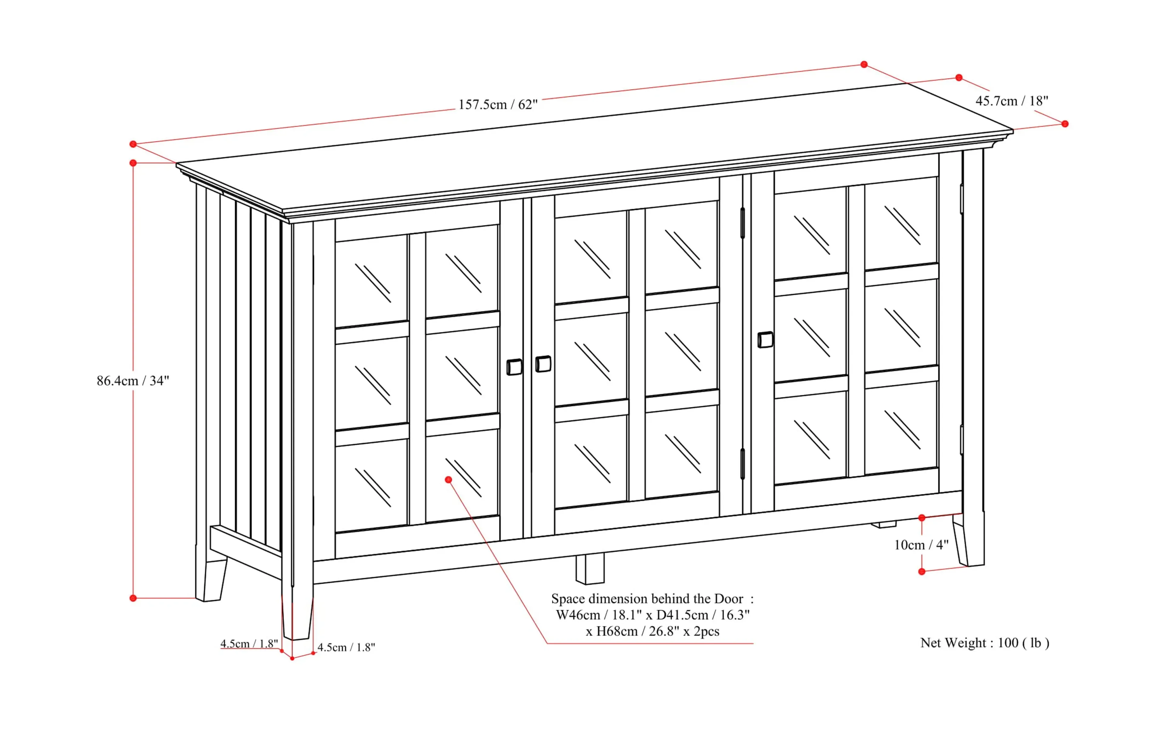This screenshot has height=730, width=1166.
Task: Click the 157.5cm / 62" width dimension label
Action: (497, 105)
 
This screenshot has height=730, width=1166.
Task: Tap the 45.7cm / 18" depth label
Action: (1011, 101)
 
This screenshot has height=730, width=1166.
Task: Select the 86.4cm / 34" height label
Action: (133, 381)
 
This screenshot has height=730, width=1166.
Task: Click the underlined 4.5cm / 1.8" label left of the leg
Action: (249, 643)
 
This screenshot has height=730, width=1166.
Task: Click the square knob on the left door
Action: (514, 367)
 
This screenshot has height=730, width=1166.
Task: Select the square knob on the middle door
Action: (544, 364)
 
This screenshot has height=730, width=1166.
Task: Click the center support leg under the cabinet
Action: (590, 569)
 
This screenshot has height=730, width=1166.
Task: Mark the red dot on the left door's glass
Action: (448, 479)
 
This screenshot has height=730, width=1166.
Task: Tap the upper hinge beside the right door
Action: (742, 223)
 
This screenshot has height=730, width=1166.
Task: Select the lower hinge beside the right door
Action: (742, 463)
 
